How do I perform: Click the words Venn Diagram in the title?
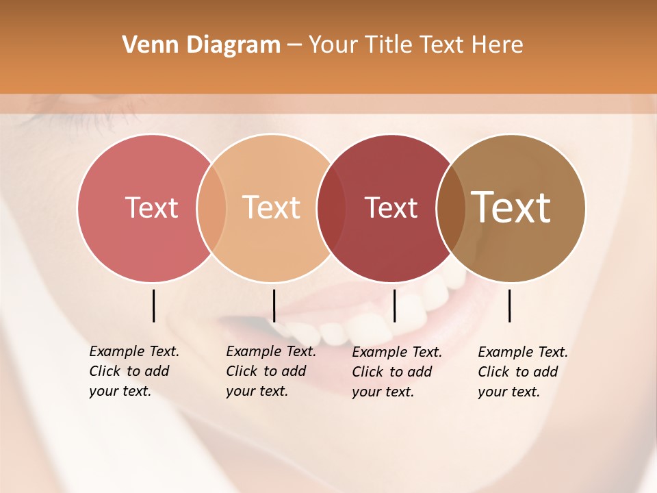click(201, 45)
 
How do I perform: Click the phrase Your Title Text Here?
click(415, 45)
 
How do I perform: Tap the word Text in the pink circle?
click(151, 207)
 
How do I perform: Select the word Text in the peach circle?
click(272, 207)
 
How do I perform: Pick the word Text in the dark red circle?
click(391, 207)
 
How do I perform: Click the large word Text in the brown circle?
click(511, 207)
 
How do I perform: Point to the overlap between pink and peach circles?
click(211, 207)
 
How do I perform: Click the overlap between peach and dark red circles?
click(331, 207)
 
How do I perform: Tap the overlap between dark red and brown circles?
click(450, 207)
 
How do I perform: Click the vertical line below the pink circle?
click(153, 305)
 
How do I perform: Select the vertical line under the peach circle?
click(274, 305)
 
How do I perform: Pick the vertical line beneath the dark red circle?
click(394, 305)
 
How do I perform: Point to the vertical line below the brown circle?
click(509, 305)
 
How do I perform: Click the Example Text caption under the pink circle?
click(133, 371)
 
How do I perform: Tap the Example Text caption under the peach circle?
click(270, 371)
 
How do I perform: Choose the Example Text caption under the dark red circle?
click(396, 372)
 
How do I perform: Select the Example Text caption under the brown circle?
click(522, 372)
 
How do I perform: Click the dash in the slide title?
click(294, 46)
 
